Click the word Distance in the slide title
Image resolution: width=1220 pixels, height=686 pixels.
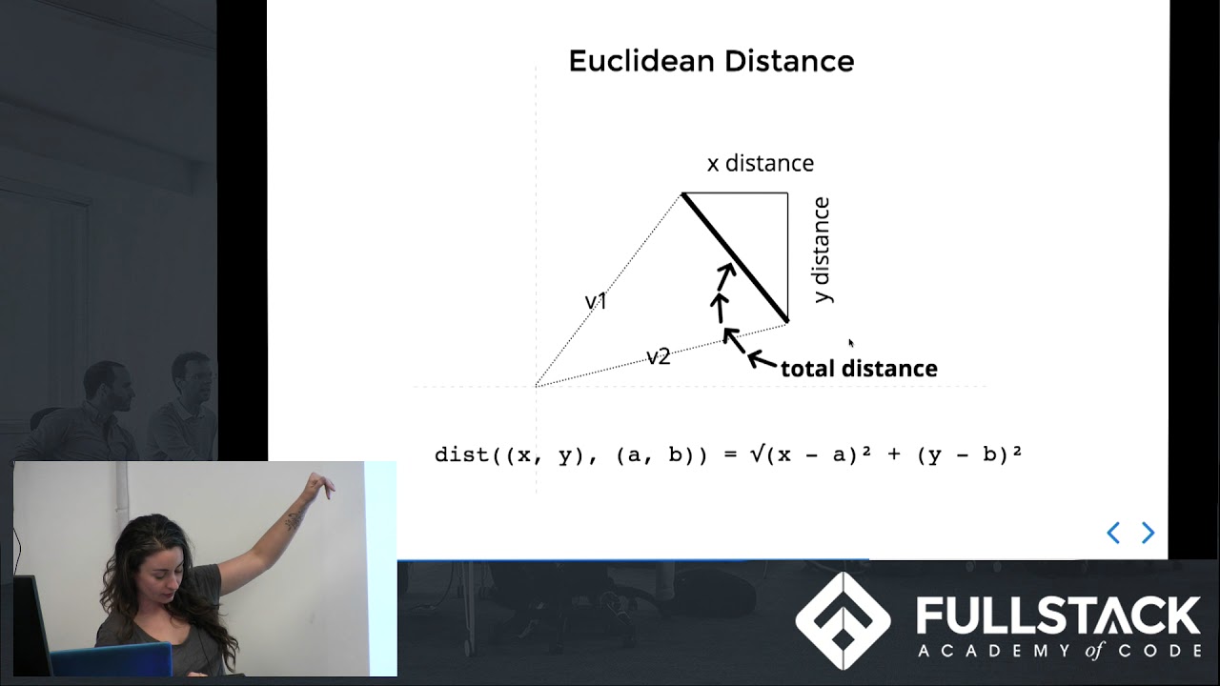coord(788,62)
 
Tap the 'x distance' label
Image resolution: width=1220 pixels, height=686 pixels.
coord(760,163)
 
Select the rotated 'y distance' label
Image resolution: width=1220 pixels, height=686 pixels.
coord(822,250)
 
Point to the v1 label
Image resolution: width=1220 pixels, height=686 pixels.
coord(596,302)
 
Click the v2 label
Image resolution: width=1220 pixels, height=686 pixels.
coord(659,356)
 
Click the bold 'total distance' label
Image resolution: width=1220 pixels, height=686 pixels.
coord(859,369)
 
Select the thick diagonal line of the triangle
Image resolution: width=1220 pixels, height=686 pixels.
coord(735,257)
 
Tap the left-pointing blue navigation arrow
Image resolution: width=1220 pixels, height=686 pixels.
coord(1112,533)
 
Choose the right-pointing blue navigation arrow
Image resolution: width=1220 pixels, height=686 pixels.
coord(1148,533)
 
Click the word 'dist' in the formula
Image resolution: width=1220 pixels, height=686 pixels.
coord(463,454)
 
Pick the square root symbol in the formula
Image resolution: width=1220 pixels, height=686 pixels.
coord(756,454)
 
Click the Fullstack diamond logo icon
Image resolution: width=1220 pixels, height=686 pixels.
coord(843,620)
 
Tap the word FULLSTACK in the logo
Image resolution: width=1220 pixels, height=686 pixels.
coord(1058,615)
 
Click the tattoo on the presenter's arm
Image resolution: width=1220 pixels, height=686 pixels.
coord(295,520)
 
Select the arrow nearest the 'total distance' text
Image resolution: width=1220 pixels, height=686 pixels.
coord(762,359)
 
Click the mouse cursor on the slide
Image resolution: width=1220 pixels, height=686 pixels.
coord(851,343)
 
